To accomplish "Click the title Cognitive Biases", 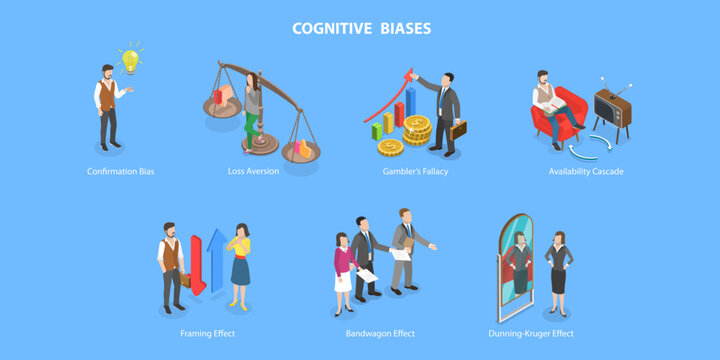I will pyautogui.click(x=361, y=28).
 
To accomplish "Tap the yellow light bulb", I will pyautogui.click(x=129, y=59).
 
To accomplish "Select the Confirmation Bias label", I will pyautogui.click(x=120, y=171).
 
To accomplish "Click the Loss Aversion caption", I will pyautogui.click(x=253, y=171).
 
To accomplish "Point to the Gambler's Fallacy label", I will pyautogui.click(x=414, y=171).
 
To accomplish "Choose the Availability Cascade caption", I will pyautogui.click(x=586, y=171).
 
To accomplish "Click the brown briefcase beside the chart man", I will pyautogui.click(x=458, y=130).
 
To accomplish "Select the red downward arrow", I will pyautogui.click(x=197, y=266).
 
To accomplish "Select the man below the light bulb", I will pyautogui.click(x=107, y=107).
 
